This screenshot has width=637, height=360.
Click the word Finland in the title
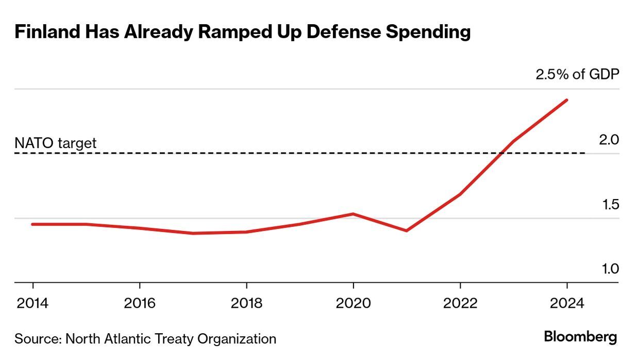pos(45,32)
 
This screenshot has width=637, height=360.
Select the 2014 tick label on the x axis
pos(33,303)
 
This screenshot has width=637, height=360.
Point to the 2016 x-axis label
pos(140,303)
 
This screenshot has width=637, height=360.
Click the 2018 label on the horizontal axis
pos(246,303)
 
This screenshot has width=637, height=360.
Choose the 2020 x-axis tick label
pos(353,303)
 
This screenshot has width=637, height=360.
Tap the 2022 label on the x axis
pos(460,303)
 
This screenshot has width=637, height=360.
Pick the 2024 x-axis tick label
pos(567,303)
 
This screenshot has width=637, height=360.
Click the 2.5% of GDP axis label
pos(577,75)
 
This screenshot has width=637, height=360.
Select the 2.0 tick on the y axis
pos(609,140)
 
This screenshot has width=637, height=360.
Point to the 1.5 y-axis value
pos(610,205)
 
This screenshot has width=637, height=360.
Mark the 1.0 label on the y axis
pos(610,269)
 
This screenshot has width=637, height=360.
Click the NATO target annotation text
pos(55,143)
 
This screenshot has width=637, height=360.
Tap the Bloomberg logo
pos(580,337)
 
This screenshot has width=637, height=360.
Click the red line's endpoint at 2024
pos(567,100)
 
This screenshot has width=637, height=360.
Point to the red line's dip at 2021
pos(407,231)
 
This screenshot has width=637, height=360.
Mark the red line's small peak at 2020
pos(353,214)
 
